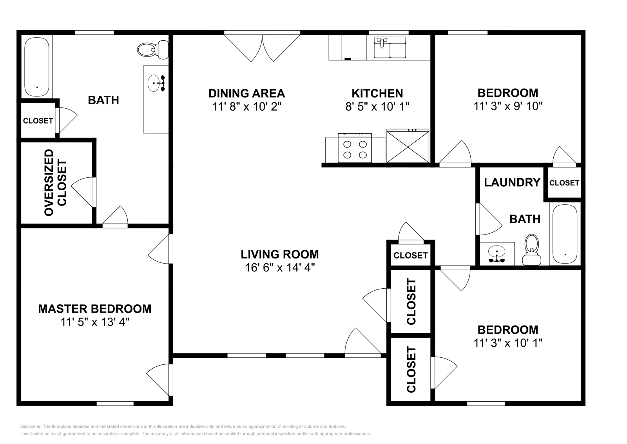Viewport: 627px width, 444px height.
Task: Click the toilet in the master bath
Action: pyautogui.click(x=153, y=49)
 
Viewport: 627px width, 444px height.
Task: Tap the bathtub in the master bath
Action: pyautogui.click(x=37, y=67)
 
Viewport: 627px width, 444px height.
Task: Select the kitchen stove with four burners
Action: pyautogui.click(x=355, y=148)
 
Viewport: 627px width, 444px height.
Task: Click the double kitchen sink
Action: pyautogui.click(x=390, y=47)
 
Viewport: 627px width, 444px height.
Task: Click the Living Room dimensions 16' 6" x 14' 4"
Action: pyautogui.click(x=280, y=267)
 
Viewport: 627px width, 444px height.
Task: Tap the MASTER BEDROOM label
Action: pyautogui.click(x=94, y=309)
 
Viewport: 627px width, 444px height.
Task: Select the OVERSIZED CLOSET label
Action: pyautogui.click(x=55, y=183)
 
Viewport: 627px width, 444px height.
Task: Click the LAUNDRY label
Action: pyautogui.click(x=512, y=182)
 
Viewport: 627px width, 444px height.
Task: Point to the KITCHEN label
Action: pyautogui.click(x=377, y=93)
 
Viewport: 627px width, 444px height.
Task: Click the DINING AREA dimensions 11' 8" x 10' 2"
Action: pyautogui.click(x=246, y=107)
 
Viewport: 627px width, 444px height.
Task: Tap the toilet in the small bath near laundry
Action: pyautogui.click(x=531, y=249)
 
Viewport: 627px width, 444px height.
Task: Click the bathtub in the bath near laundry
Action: pyautogui.click(x=565, y=234)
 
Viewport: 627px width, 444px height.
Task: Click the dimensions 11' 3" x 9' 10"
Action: pyautogui.click(x=508, y=106)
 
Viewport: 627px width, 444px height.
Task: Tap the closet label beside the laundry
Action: pyautogui.click(x=564, y=183)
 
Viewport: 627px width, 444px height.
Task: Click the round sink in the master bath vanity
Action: pyautogui.click(x=154, y=83)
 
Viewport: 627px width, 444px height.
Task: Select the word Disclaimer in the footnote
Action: pyautogui.click(x=31, y=426)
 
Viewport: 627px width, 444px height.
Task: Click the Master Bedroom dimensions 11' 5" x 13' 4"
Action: pyautogui.click(x=95, y=322)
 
